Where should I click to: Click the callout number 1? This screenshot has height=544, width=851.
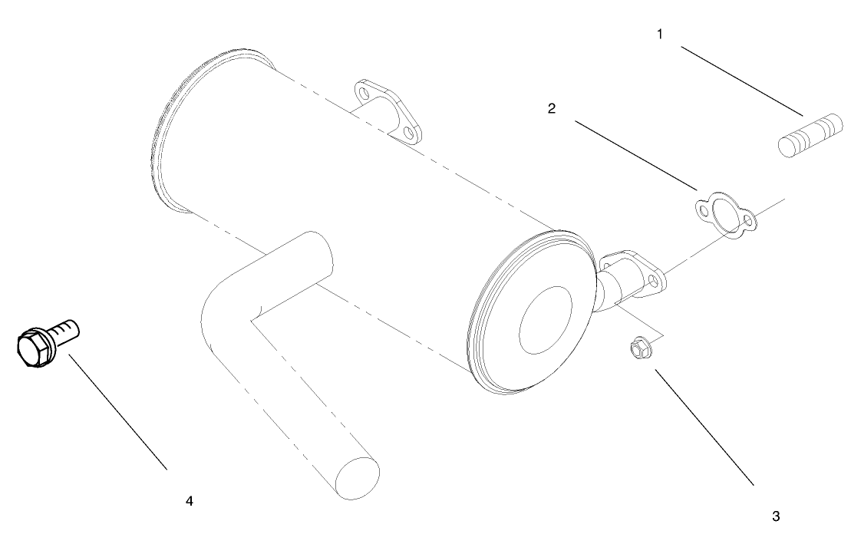click(x=659, y=34)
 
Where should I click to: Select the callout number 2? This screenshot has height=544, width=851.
click(x=551, y=108)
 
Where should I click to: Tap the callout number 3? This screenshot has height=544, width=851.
click(x=776, y=516)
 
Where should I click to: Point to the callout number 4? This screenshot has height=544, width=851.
click(x=189, y=501)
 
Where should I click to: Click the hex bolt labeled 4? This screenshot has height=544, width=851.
click(x=46, y=341)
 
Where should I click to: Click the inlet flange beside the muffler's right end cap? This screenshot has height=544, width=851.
click(x=640, y=273)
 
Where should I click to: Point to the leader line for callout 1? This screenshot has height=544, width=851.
click(x=741, y=81)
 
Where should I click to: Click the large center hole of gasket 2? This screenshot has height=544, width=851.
click(x=723, y=212)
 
